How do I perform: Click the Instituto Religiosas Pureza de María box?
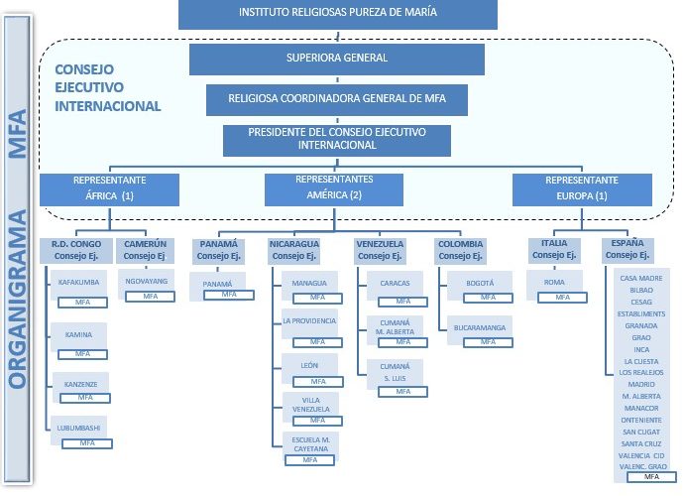[337, 13]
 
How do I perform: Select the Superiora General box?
[337, 59]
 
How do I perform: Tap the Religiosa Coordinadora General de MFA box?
[337, 99]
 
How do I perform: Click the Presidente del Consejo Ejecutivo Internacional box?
[337, 139]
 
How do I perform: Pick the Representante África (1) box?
[110, 188]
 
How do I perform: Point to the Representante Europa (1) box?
[582, 188]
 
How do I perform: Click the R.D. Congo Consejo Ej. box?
[76, 250]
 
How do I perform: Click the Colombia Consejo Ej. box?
[460, 250]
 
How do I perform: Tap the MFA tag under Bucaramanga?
[488, 341]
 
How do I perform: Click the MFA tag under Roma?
[561, 297]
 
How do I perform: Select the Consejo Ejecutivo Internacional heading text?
[107, 87]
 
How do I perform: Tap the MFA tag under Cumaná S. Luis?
[402, 391]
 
